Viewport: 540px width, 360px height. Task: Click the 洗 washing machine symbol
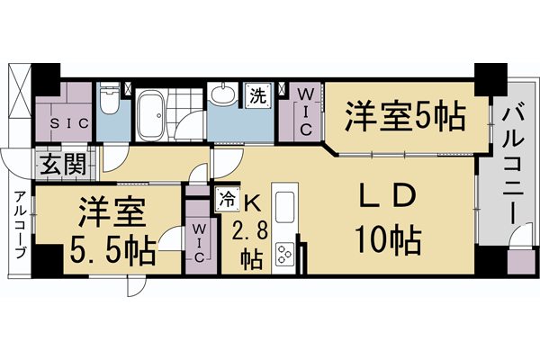[257, 95]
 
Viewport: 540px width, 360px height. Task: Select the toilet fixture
[108, 102]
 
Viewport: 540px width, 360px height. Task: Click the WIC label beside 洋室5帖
[305, 111]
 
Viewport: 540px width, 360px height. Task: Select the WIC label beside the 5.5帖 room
[200, 243]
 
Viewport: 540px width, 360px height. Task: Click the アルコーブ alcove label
[19, 225]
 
